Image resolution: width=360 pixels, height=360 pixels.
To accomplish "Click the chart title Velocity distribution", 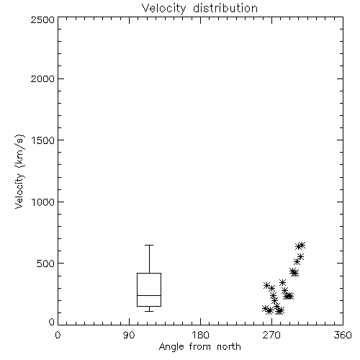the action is point(199,8).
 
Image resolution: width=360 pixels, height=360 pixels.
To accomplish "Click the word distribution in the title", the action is point(225,8).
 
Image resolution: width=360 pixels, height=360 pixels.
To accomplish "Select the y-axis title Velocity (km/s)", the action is point(19,171).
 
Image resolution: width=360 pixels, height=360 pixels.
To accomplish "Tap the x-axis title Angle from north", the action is point(199,347).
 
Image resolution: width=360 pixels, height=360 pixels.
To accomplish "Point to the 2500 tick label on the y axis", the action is point(42,19).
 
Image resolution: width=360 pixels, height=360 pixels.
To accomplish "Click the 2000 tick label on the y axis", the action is point(42,78).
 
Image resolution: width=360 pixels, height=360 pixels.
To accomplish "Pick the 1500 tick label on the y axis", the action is point(43,140).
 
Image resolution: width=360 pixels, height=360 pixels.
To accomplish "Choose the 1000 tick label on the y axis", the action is point(43,202).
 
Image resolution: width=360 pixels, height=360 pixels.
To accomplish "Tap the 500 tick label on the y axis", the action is point(46,264).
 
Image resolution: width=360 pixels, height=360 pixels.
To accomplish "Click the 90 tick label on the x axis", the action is point(129,335).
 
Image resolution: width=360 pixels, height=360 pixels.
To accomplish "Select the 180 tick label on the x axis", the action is point(200,335).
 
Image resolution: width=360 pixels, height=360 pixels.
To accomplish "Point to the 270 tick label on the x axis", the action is point(271,335).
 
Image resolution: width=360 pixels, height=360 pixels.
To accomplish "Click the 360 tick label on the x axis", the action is point(343,335).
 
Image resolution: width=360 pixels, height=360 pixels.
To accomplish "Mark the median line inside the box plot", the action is point(149,295).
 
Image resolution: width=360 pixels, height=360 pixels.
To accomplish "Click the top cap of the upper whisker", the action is point(149,245).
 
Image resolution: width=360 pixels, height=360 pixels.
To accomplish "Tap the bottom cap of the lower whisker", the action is point(149,311).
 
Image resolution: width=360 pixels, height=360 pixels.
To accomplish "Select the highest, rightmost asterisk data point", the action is point(302,245).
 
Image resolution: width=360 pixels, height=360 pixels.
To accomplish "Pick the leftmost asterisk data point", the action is point(265,308).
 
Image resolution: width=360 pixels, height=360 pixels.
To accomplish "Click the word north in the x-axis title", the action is point(229,347).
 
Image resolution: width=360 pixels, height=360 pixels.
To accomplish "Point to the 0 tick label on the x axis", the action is point(58,335).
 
